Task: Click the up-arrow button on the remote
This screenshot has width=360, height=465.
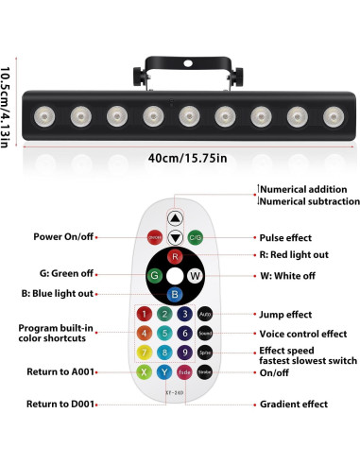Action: point(175,217)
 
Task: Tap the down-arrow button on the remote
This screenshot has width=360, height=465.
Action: point(175,236)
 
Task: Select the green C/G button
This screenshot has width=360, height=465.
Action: point(196,237)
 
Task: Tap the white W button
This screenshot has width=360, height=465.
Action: point(196,276)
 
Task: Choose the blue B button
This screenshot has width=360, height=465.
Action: point(175,295)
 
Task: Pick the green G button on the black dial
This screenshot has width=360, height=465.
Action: point(154,276)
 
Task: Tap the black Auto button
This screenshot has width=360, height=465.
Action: point(206,313)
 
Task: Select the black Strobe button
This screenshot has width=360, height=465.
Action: point(206,373)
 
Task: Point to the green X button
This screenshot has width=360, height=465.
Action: point(145,373)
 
